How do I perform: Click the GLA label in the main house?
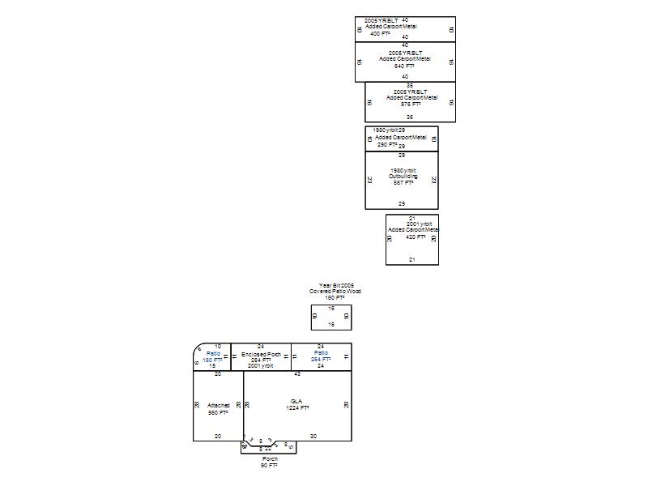pos(297,401)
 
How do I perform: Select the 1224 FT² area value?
pos(297,408)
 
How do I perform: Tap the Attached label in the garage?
pos(219,405)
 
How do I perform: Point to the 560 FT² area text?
pos(219,412)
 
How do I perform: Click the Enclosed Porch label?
pos(261,354)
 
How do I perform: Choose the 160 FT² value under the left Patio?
pos(213,360)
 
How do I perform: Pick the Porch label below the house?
pos(269,459)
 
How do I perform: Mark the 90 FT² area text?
pos(269,466)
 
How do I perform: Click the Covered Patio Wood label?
pos(335,292)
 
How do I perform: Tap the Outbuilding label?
pos(403,176)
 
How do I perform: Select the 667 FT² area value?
pos(403,182)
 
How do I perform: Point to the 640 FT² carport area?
pos(404,66)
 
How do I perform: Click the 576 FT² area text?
pos(411,104)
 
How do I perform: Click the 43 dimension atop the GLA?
pos(297,374)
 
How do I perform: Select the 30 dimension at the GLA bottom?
pos(313,436)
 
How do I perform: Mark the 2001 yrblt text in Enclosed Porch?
pos(261,366)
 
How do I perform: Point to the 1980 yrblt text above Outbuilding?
pos(403,169)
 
